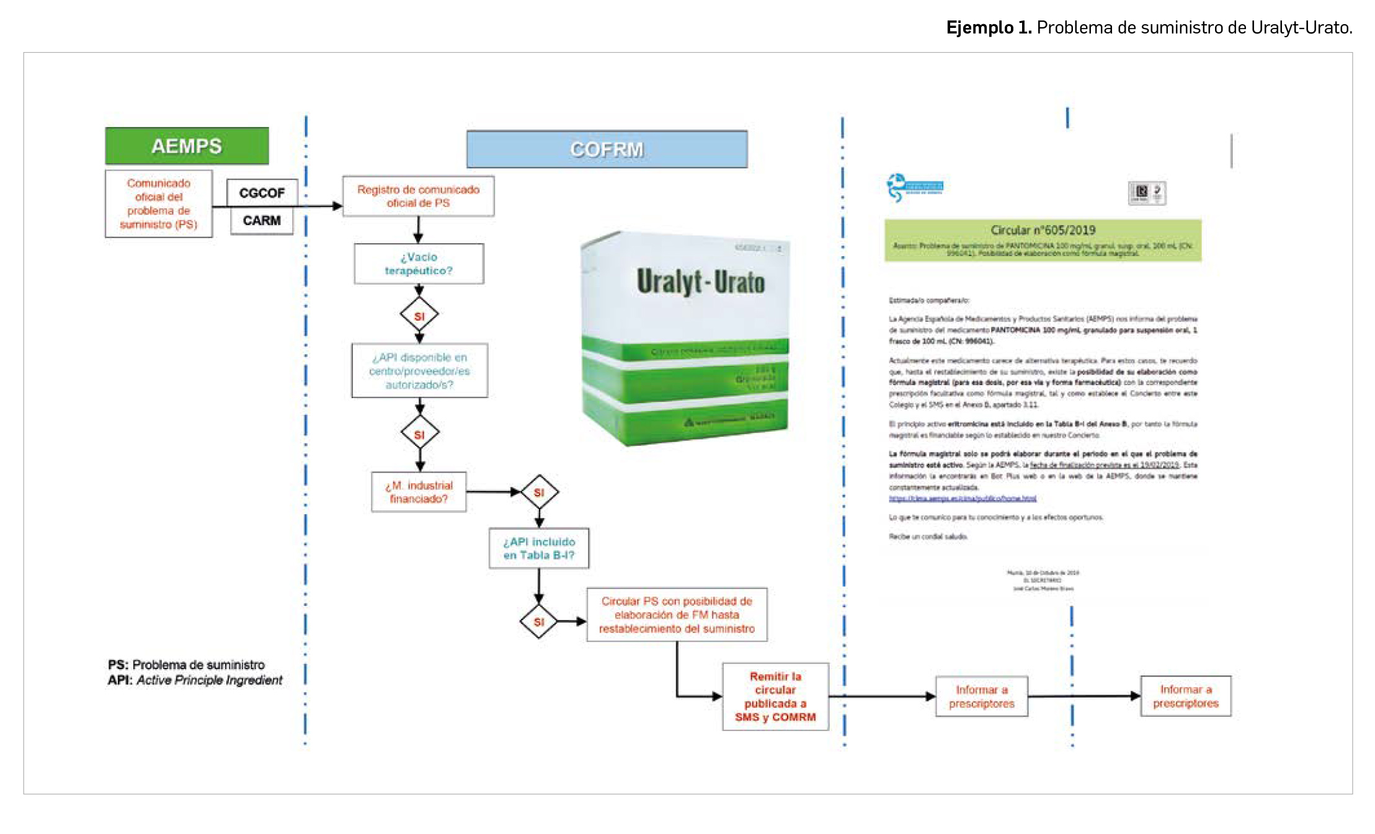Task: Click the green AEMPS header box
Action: click(x=187, y=146)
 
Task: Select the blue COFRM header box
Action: click(x=607, y=149)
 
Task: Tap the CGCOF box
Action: click(x=262, y=193)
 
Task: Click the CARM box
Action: click(x=262, y=221)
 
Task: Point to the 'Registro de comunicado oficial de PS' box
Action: click(x=418, y=197)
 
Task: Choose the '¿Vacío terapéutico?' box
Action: click(x=419, y=264)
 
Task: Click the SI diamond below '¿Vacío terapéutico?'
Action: click(x=419, y=316)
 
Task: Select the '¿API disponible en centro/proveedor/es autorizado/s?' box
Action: click(x=419, y=371)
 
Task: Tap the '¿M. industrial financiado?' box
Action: click(x=419, y=492)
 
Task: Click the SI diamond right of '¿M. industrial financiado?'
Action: click(x=539, y=492)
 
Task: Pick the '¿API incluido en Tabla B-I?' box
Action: click(x=539, y=548)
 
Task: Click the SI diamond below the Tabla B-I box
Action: click(x=539, y=621)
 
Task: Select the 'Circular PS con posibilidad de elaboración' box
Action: click(x=677, y=614)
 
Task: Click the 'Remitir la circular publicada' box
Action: click(x=775, y=697)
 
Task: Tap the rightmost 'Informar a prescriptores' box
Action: click(x=1186, y=696)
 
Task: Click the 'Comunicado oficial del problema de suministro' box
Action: click(x=159, y=204)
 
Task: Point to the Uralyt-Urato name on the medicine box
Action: click(x=700, y=282)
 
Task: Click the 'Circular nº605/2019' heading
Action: click(x=1043, y=230)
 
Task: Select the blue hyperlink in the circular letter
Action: click(x=963, y=499)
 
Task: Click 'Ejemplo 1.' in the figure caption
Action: click(x=989, y=28)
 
